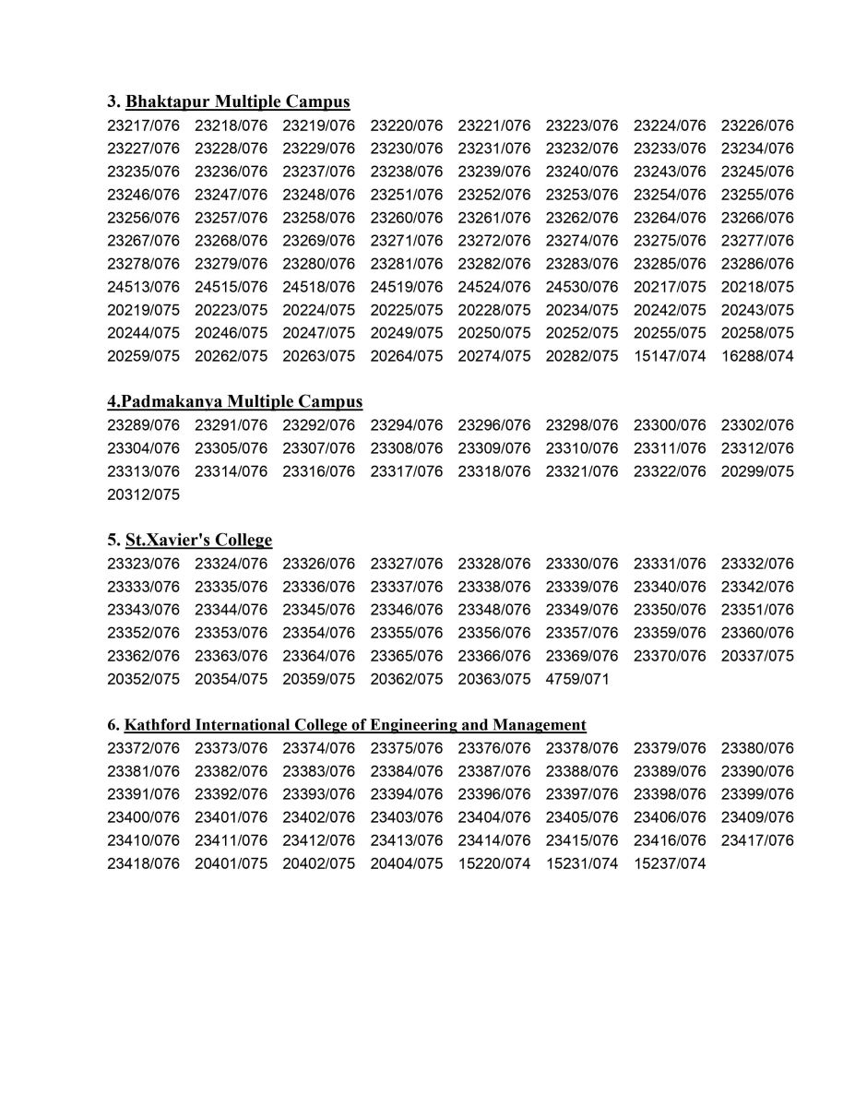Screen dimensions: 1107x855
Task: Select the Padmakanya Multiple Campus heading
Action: point(234,401)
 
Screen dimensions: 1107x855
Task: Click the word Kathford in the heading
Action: point(157,724)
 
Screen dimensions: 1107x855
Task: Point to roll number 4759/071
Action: point(577,679)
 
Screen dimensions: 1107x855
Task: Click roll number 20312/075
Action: point(143,494)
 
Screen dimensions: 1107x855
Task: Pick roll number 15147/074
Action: point(669,356)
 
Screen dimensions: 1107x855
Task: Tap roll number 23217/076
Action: point(143,125)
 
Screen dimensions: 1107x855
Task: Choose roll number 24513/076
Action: point(143,287)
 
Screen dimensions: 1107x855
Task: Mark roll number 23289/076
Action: point(143,425)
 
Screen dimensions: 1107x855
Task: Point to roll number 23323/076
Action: point(143,564)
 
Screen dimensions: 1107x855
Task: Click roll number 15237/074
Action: point(669,863)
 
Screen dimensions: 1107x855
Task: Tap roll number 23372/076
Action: point(143,748)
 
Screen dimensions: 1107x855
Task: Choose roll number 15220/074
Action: point(493,863)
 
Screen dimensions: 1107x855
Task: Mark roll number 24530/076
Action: point(581,287)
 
